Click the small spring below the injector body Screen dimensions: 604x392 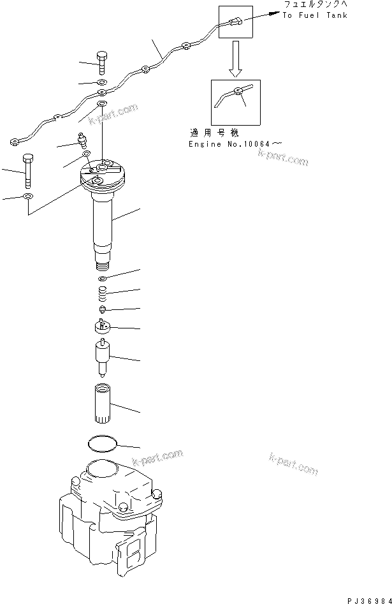coord(101,295)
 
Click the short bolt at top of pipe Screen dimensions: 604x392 coord(102,62)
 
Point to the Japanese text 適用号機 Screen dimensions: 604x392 coord(214,133)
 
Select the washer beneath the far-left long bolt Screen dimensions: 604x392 coord(27,196)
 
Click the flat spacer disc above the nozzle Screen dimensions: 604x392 coord(101,327)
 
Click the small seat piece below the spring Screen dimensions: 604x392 coord(102,309)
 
